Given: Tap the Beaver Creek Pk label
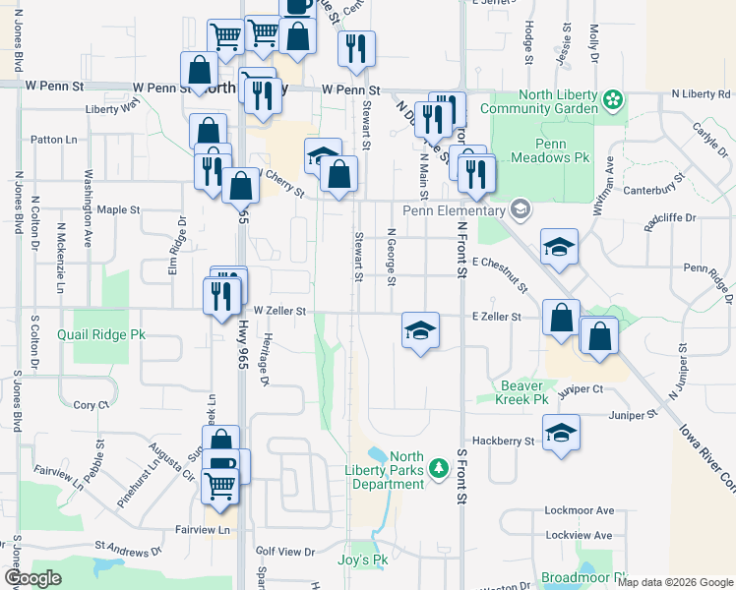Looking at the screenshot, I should [x=522, y=392].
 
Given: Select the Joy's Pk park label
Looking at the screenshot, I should [x=366, y=560].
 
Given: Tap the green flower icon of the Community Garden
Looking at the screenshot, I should [x=613, y=99].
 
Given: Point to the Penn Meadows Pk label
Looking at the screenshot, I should [x=552, y=150].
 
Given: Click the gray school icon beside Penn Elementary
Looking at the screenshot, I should [x=520, y=209].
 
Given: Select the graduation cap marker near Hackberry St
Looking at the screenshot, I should [x=561, y=434].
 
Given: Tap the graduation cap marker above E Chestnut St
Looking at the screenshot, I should [x=558, y=247].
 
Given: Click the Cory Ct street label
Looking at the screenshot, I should [x=91, y=405].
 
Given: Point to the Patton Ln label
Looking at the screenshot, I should [x=53, y=141].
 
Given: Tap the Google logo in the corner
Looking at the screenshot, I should [x=32, y=579].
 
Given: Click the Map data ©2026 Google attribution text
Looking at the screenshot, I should [x=675, y=582].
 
